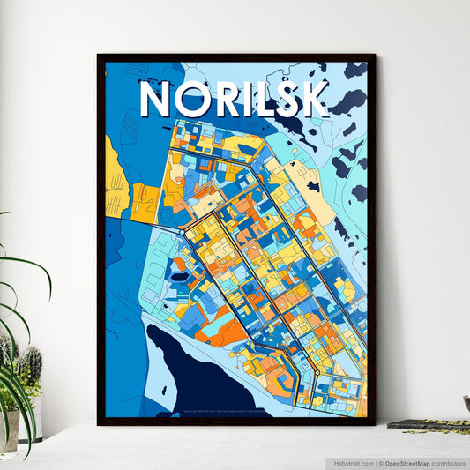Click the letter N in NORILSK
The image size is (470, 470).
coord(158,100)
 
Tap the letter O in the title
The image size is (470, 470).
coord(196,100)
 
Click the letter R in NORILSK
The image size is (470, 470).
coord(229,100)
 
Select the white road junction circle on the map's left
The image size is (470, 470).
coord(182,232)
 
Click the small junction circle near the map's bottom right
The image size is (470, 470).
coord(317,373)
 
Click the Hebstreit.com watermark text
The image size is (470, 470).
coord(352,462)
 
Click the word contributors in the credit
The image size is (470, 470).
coord(448,462)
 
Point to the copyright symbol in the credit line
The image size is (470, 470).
coord(380,462)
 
